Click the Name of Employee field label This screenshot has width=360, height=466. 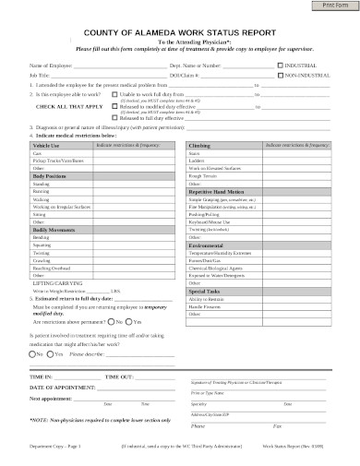click(51, 66)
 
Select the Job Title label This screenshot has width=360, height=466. click(39, 76)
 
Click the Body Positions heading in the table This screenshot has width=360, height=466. click(50, 175)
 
